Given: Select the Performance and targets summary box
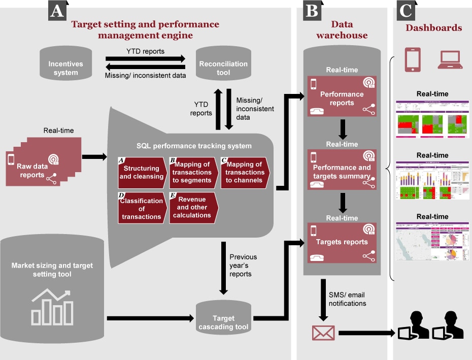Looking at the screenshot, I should (342, 171).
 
